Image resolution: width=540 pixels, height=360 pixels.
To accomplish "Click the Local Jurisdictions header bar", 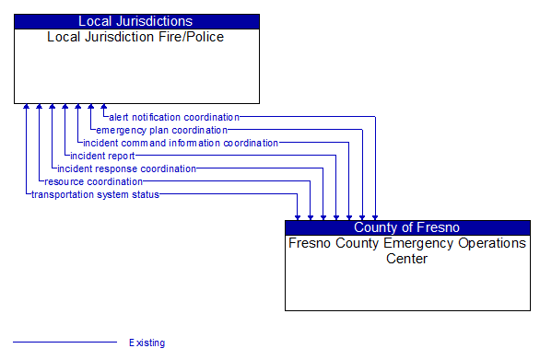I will pos(135,21).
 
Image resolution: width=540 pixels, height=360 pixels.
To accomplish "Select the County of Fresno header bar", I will pos(406,227).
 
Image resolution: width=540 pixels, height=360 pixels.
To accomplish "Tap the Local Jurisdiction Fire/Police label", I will pos(135,37).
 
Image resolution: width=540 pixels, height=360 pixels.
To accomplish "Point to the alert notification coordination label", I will pos(174,117).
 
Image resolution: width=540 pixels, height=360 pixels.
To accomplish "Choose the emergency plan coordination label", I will pos(161,130).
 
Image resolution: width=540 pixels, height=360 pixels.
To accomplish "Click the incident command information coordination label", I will pos(180,143).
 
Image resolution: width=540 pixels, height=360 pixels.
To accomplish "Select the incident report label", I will pos(102,156).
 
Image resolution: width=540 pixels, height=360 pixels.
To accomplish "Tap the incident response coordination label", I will pos(126,168).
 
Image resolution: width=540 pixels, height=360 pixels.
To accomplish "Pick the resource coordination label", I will pos(93,181).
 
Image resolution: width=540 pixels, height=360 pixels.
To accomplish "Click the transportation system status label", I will pos(95,194).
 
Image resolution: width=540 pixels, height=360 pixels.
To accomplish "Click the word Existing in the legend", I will pos(147,343).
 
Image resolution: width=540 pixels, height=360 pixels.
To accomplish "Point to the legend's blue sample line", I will pos(65,343).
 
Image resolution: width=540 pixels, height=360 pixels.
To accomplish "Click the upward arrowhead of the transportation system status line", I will pos(27,108).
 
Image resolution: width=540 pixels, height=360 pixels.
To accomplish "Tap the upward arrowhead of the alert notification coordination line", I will pos(104,108).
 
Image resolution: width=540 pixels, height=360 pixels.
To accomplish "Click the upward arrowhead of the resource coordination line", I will pos(40,108).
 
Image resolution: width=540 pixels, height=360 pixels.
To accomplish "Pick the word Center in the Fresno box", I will pos(406,259).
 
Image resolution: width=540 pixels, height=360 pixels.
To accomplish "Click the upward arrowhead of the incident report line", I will pos(65,108).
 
